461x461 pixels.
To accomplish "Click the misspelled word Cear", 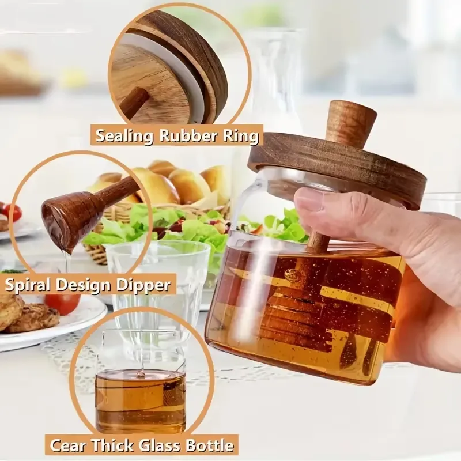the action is (x=66, y=445).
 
